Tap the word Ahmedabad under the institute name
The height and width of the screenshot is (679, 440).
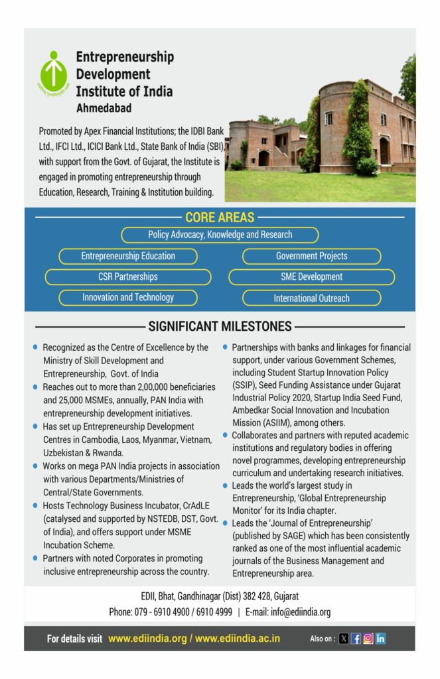pos(104,107)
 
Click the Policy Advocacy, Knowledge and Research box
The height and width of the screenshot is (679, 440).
pos(220,235)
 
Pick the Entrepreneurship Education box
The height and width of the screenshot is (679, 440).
pos(128,256)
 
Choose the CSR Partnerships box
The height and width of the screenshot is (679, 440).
pos(128,277)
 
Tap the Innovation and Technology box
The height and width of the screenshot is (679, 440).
pos(128,298)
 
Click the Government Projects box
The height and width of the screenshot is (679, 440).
pos(311,256)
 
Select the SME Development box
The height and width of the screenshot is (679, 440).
pos(311,277)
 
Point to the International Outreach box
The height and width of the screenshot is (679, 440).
pos(311,298)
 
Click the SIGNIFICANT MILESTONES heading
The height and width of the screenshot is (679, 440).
pos(220,326)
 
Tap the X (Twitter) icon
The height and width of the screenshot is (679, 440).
pos(343,639)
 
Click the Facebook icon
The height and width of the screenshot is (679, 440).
pos(356,639)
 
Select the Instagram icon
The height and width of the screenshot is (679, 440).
pos(368,639)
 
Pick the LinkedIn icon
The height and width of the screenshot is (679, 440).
pos(380,639)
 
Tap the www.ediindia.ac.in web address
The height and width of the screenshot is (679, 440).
pos(238,639)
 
